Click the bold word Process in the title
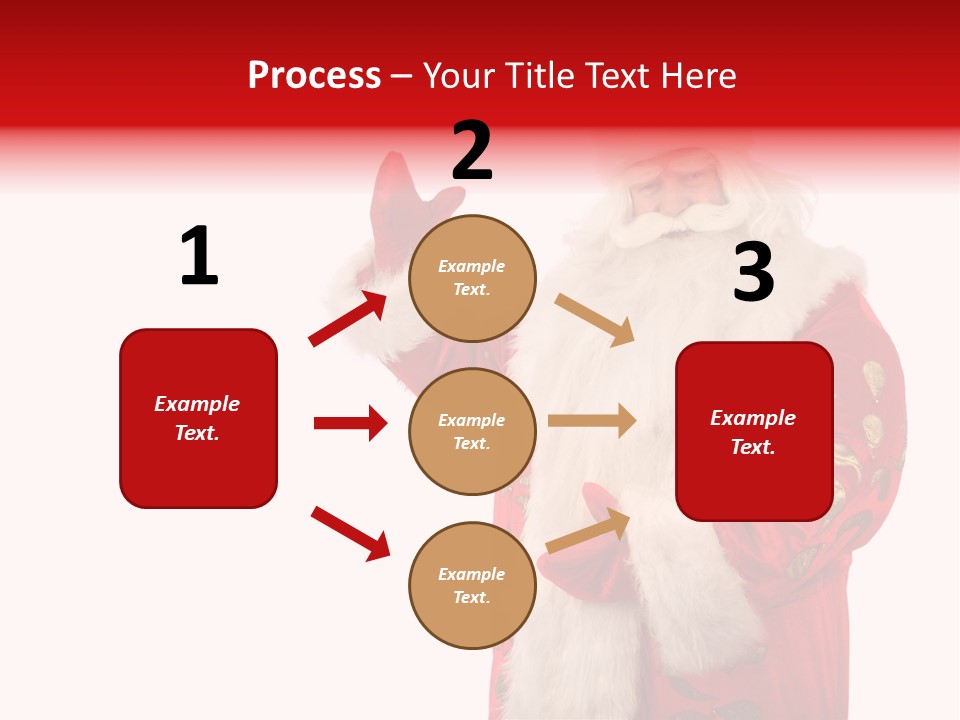pos(314,75)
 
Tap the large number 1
pos(199,256)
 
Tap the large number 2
pos(472,152)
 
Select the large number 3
pos(753,273)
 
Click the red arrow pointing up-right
pos(348,319)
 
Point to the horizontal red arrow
pos(350,423)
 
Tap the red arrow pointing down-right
pos(351,533)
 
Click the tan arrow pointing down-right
pos(595,319)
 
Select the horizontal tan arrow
pos(592,421)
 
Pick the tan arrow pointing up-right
pos(589,531)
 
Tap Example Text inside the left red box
pos(197,418)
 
